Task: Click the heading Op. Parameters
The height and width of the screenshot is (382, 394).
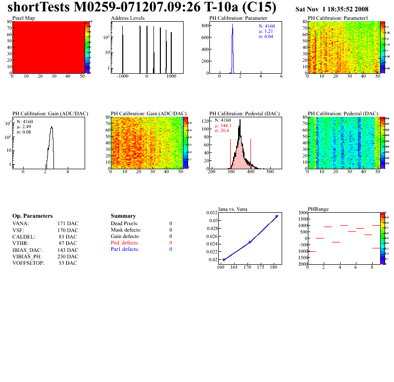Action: click(32, 216)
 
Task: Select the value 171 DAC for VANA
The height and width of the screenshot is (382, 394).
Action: click(68, 224)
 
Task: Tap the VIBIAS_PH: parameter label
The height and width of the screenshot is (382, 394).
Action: click(27, 256)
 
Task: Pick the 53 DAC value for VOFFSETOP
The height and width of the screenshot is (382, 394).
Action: click(68, 263)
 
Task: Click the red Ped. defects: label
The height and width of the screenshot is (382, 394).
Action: click(125, 243)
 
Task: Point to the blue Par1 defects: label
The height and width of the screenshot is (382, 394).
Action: click(125, 249)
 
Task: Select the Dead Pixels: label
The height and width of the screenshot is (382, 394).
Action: click(125, 224)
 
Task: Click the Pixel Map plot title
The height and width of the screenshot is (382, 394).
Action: click(23, 18)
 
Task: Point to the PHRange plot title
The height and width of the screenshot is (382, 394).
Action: click(318, 209)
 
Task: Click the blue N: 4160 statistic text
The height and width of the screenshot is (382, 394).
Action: click(267, 26)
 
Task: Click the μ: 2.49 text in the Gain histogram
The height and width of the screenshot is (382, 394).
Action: click(24, 126)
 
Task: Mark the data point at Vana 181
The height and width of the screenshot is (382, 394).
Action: click(277, 216)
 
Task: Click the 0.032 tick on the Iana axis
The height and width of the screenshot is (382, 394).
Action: click(212, 213)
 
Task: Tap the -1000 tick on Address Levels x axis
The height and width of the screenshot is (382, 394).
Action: click(122, 77)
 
